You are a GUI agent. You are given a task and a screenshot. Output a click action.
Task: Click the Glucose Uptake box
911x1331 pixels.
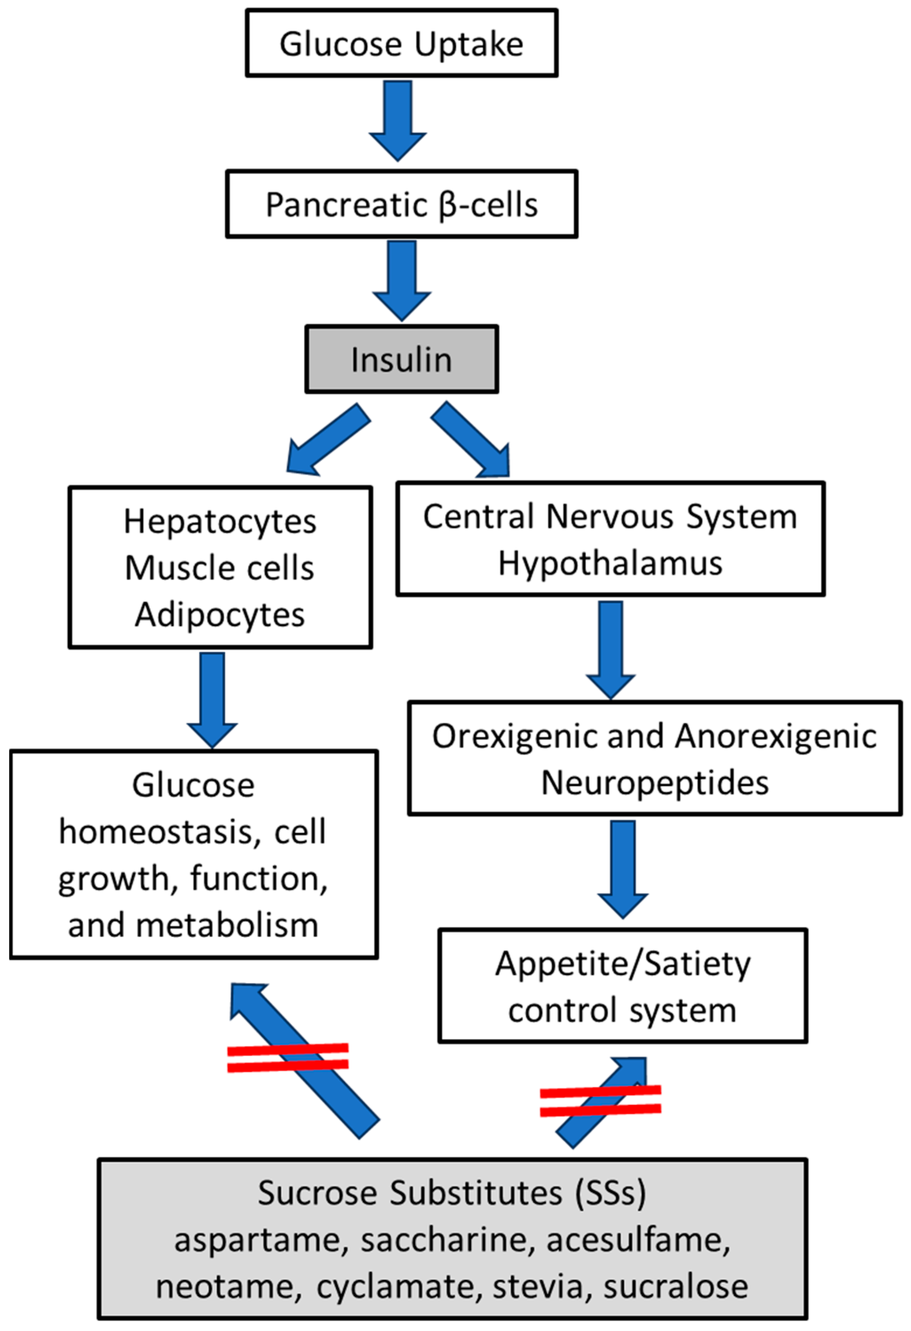401,43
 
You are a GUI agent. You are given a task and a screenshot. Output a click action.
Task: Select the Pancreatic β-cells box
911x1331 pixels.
401,204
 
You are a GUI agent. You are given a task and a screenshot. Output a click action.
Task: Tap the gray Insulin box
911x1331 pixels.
401,360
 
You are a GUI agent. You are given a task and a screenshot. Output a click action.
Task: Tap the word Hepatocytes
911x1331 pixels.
220,522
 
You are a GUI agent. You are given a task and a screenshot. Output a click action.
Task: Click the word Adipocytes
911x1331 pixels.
220,615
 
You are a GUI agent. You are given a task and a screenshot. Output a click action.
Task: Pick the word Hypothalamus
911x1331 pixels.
610,564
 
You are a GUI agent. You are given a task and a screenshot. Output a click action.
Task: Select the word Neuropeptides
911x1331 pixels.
654,783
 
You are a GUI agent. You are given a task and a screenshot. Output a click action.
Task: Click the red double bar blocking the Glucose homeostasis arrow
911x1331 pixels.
288,1057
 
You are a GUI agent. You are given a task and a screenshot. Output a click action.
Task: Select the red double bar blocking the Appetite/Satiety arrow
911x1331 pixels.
601,1101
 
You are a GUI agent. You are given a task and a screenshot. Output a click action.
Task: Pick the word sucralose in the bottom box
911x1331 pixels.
676,1287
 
